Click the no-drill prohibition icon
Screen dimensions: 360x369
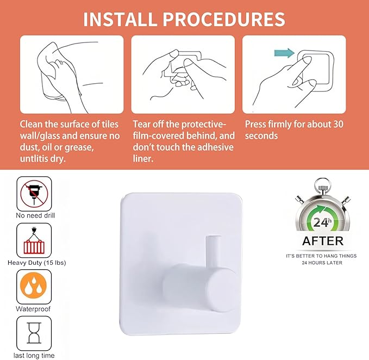tap(34, 193)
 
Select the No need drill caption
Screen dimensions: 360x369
tap(35, 215)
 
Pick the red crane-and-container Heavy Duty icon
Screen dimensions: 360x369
tap(34, 240)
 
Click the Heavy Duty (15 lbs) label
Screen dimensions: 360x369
tap(36, 263)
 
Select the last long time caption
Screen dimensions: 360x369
tap(35, 356)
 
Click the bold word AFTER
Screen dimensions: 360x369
tap(323, 241)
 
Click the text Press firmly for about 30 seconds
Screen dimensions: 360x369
tap(294, 129)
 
